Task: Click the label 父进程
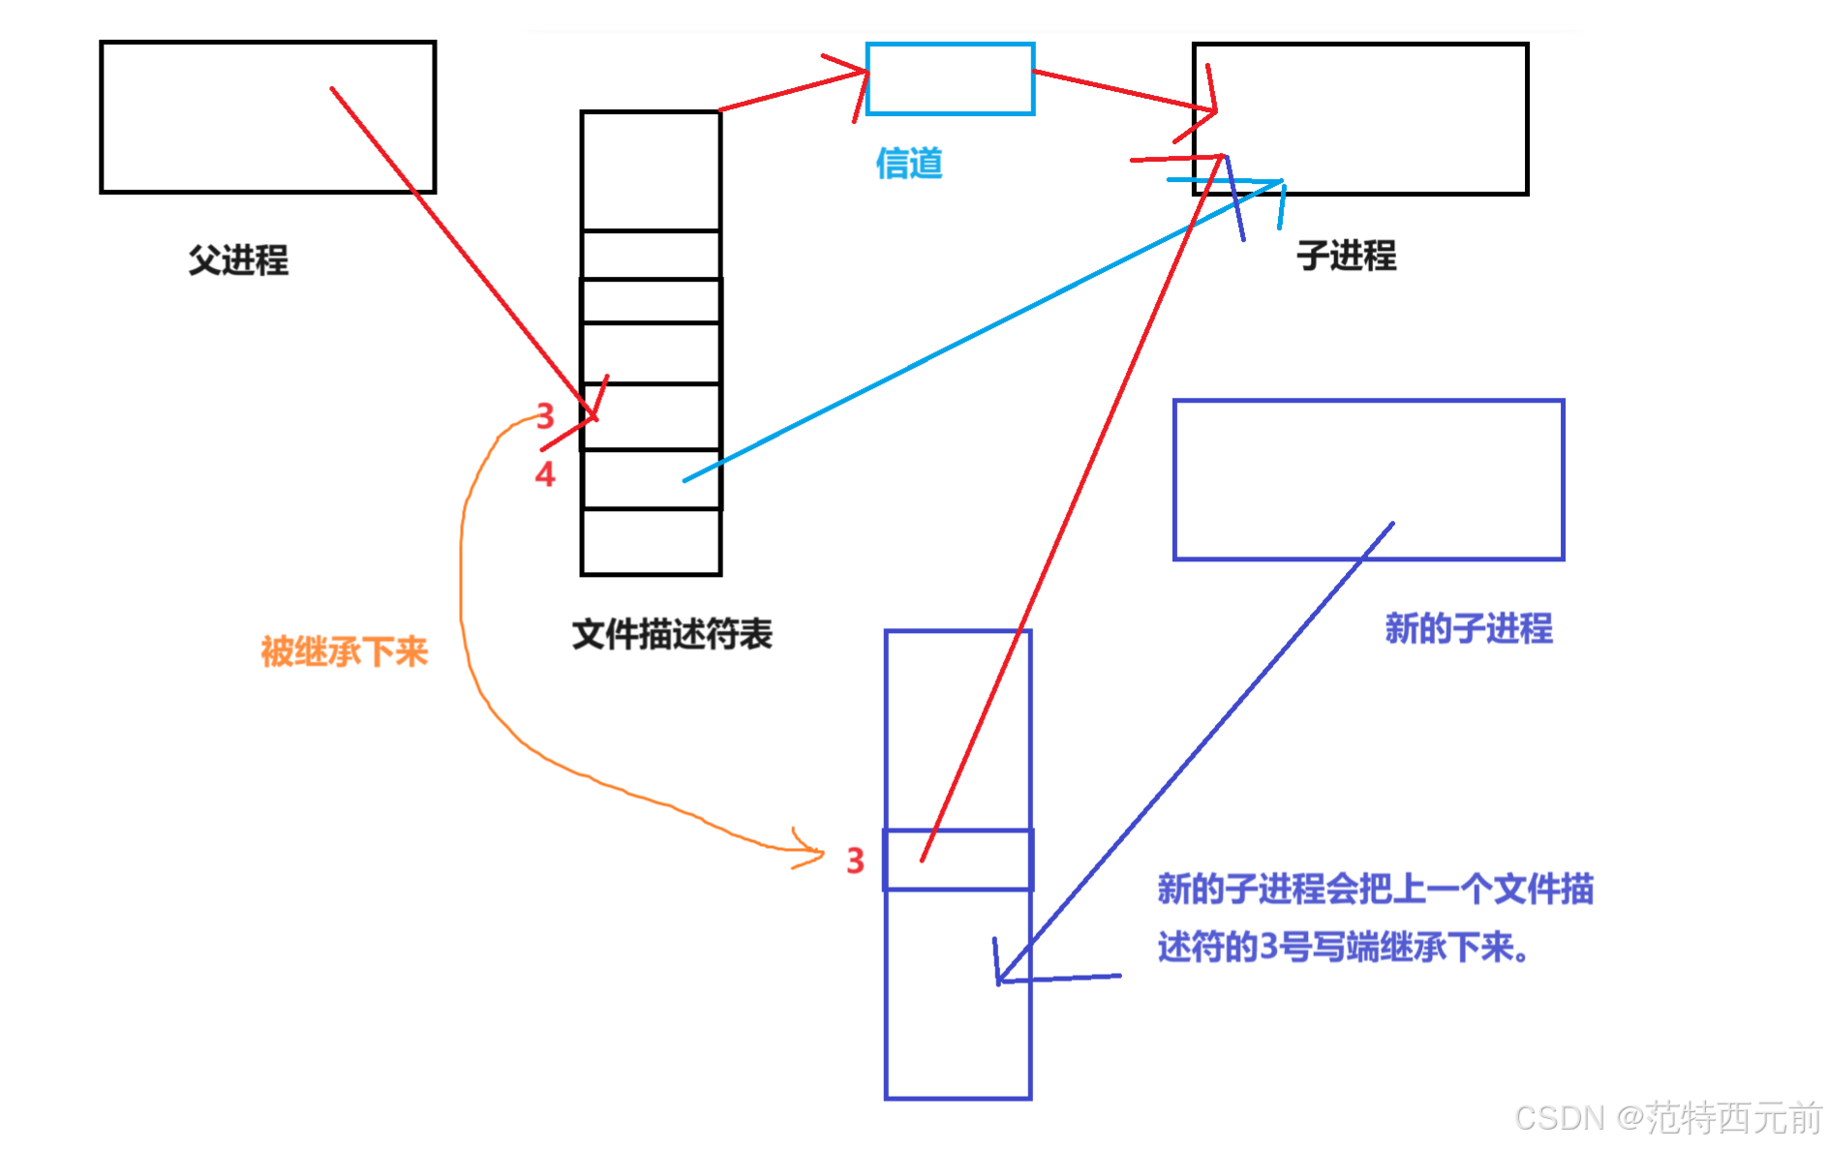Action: click(x=238, y=259)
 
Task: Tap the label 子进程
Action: click(x=1346, y=256)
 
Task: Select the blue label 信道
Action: click(x=908, y=163)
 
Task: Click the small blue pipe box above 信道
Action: click(x=950, y=78)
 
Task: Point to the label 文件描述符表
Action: click(x=672, y=634)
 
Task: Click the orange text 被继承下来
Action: click(x=344, y=651)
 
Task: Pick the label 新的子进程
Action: click(x=1468, y=628)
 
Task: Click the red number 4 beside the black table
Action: click(x=545, y=473)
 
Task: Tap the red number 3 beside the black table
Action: click(x=545, y=416)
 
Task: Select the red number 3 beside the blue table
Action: click(x=855, y=861)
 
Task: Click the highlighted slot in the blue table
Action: click(x=959, y=860)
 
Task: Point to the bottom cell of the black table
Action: click(x=651, y=541)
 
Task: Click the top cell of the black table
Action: click(x=651, y=170)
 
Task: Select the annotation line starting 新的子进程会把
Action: click(x=1375, y=889)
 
